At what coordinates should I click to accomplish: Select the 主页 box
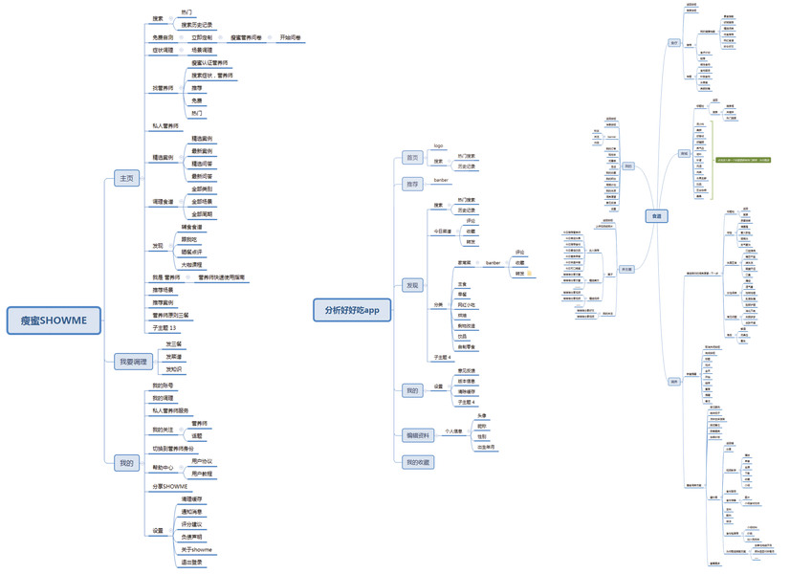[x=126, y=178]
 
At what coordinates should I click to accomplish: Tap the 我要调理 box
[x=133, y=362]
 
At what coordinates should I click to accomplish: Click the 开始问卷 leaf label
[x=290, y=38]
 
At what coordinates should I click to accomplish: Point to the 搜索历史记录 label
[x=197, y=24]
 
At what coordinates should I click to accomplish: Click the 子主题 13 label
[x=165, y=327]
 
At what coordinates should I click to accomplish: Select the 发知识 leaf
[x=174, y=368]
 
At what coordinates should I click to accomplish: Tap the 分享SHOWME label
[x=170, y=486]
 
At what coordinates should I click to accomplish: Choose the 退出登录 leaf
[x=195, y=563]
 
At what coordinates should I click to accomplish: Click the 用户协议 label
[x=202, y=461]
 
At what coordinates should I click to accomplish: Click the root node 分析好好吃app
[x=353, y=309]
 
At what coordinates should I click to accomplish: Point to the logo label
[x=438, y=146]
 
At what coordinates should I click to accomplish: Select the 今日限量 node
[x=441, y=231]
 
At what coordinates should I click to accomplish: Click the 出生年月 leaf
[x=486, y=447]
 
